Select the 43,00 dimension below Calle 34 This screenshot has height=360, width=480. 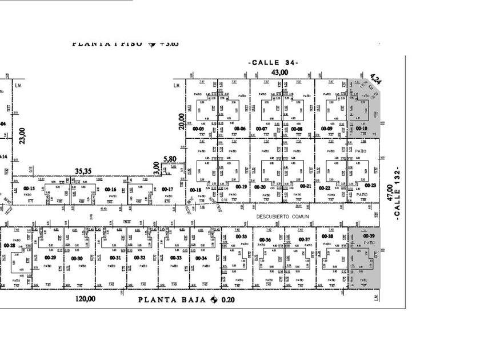point(279,72)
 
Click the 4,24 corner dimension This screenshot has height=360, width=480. point(375,78)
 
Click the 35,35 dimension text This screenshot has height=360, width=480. point(83,170)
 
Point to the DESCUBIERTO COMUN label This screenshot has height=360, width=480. point(282,217)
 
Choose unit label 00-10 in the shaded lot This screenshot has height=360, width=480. point(361,129)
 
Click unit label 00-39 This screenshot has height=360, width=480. point(369,236)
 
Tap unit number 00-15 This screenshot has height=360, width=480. point(29,189)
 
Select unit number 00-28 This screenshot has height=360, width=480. point(9,245)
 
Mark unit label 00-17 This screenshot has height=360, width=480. point(167,189)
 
